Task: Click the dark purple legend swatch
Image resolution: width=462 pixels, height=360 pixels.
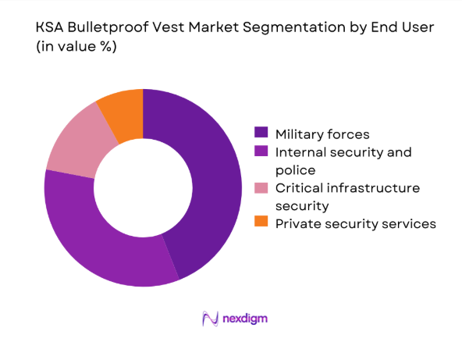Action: click(261, 134)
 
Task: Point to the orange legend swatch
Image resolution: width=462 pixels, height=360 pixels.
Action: click(261, 224)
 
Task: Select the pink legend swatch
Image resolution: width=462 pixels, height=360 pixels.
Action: click(261, 188)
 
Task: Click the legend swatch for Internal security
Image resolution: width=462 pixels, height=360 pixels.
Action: click(261, 152)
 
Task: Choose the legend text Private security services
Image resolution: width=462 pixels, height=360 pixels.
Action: click(355, 224)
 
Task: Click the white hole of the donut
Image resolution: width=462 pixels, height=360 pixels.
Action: click(143, 187)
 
